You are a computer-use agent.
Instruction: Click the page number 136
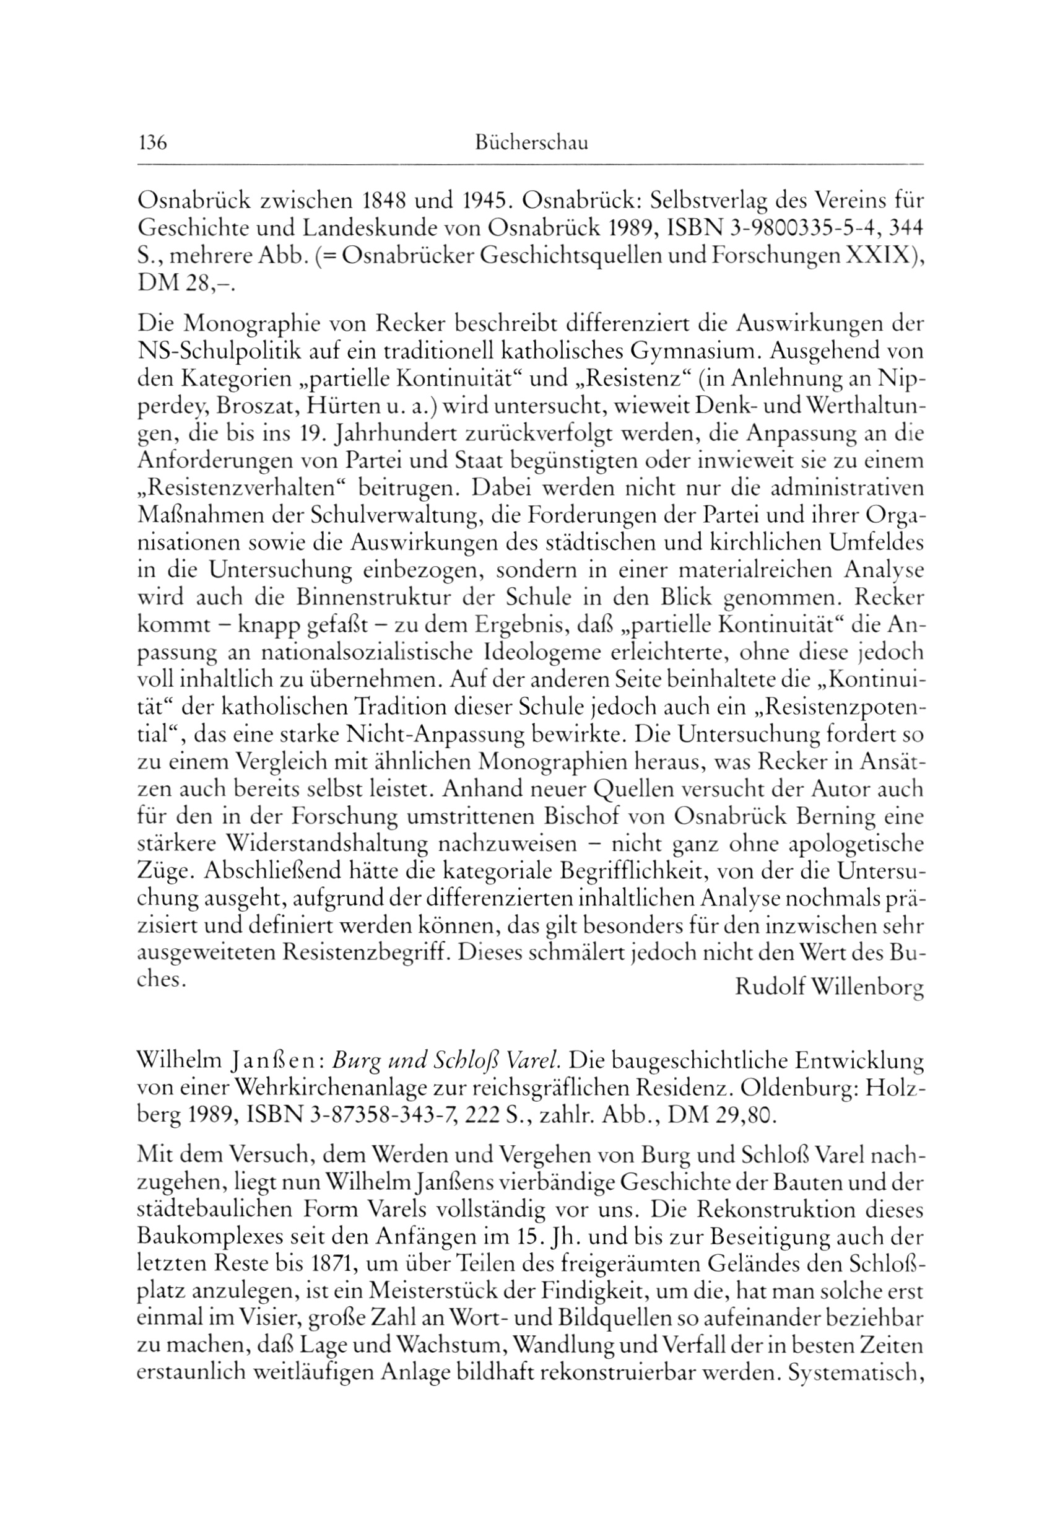pyautogui.click(x=152, y=143)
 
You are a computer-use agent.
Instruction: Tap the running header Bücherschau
pyautogui.click(x=531, y=144)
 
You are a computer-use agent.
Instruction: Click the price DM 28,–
pyautogui.click(x=185, y=284)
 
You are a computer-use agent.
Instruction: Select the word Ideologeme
pyautogui.click(x=528, y=653)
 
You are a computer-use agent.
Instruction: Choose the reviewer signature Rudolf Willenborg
pyautogui.click(x=829, y=988)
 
